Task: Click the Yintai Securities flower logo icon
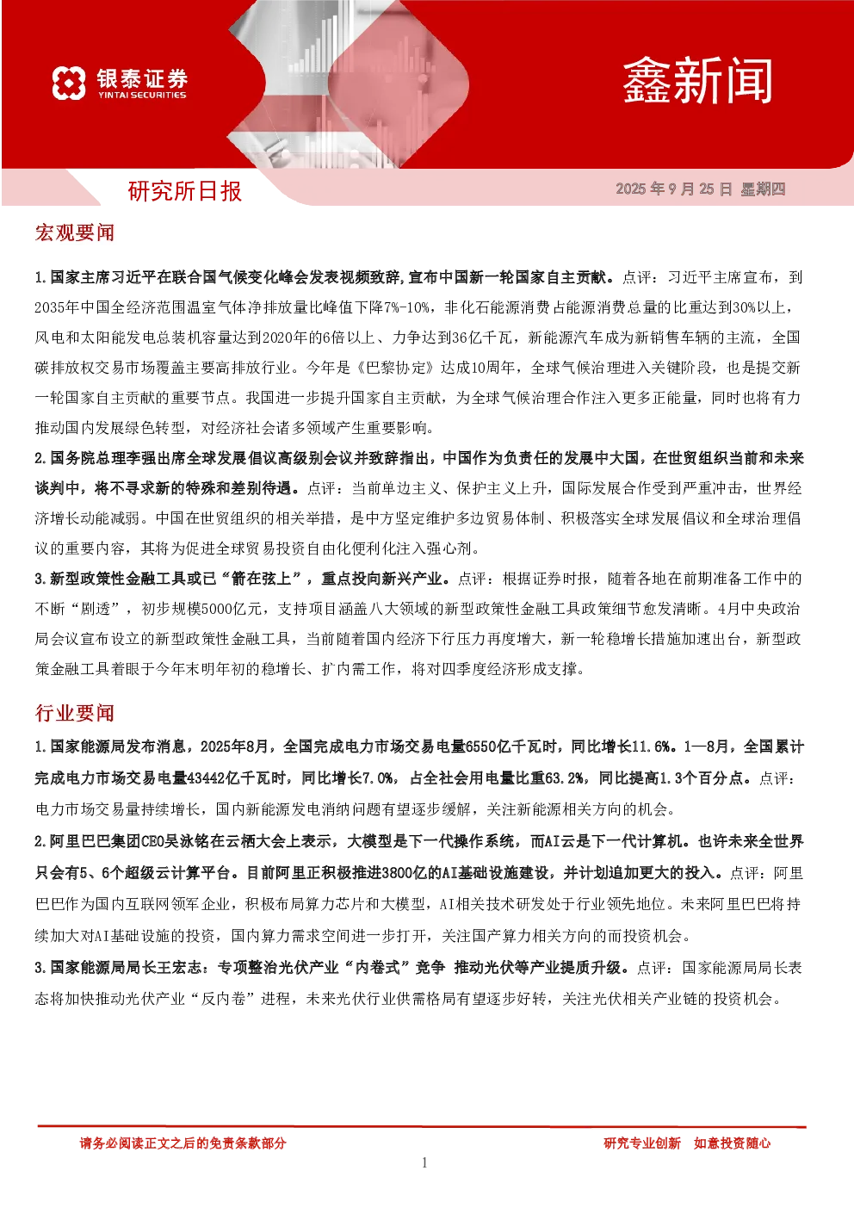coord(69,83)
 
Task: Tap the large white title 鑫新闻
coord(697,81)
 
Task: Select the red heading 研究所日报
coord(185,191)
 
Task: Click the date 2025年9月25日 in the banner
coord(674,189)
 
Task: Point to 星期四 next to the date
coord(763,189)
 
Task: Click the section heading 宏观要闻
coord(75,232)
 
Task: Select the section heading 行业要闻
coord(75,712)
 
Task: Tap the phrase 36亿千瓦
coord(481,338)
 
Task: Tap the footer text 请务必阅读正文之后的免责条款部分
coord(183,1143)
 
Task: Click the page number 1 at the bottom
coord(424,1162)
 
